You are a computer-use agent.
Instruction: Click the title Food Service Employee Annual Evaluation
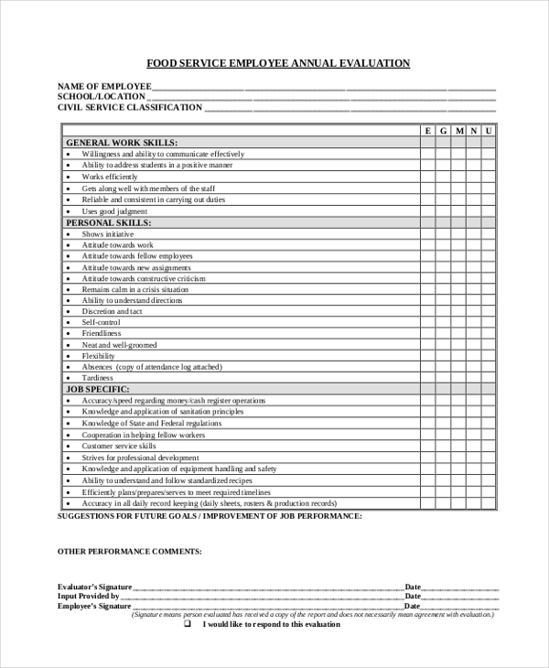[278, 64]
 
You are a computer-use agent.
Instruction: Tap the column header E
[427, 132]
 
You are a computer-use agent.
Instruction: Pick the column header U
[489, 132]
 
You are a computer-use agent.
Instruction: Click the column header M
[458, 132]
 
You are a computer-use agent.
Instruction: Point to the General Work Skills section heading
[122, 143]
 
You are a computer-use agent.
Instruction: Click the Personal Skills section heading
[109, 222]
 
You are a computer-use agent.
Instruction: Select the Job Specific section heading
[100, 389]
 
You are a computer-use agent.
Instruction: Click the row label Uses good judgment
[114, 211]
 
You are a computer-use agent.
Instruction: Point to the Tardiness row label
[97, 378]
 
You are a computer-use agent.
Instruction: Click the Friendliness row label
[101, 334]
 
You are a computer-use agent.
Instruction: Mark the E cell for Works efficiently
[427, 177]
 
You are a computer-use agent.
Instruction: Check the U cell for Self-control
[489, 322]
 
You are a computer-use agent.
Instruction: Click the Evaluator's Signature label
[94, 587]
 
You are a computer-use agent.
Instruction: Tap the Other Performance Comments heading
[129, 552]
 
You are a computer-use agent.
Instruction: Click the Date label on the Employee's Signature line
[413, 606]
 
